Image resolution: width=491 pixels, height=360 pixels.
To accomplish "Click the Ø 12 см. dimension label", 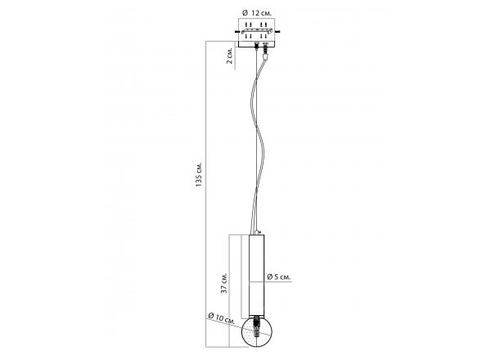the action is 257,13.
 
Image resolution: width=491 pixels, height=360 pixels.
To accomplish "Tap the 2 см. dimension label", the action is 230,56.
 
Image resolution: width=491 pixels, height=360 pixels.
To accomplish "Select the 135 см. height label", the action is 199,174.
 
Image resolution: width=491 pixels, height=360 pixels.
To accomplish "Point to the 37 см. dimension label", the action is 224,283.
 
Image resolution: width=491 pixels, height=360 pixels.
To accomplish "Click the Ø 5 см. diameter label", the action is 279,277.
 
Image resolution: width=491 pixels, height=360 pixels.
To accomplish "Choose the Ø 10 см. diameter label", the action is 222,318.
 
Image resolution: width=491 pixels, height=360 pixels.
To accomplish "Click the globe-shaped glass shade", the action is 257,332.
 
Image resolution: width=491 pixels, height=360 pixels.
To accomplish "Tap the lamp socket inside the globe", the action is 257,326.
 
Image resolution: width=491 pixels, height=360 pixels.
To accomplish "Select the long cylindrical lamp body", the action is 257,275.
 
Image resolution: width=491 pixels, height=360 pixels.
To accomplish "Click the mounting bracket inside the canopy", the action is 257,31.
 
